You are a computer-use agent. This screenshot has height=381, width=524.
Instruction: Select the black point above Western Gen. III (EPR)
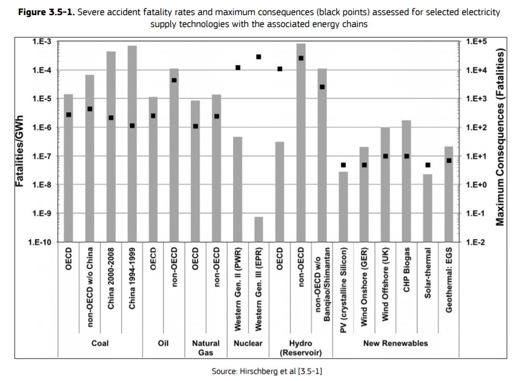click(259, 57)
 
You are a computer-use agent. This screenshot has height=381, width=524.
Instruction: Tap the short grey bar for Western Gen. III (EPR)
click(259, 229)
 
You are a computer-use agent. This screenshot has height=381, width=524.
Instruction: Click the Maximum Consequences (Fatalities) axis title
click(501, 138)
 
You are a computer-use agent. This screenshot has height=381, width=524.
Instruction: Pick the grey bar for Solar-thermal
click(428, 208)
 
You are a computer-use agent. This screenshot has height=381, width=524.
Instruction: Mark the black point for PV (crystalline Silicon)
click(343, 165)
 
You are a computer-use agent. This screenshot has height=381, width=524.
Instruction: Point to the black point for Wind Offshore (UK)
click(386, 156)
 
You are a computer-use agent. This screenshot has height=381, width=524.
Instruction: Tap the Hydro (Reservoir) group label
click(301, 348)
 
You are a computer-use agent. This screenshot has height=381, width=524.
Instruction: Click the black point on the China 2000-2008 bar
click(111, 118)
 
